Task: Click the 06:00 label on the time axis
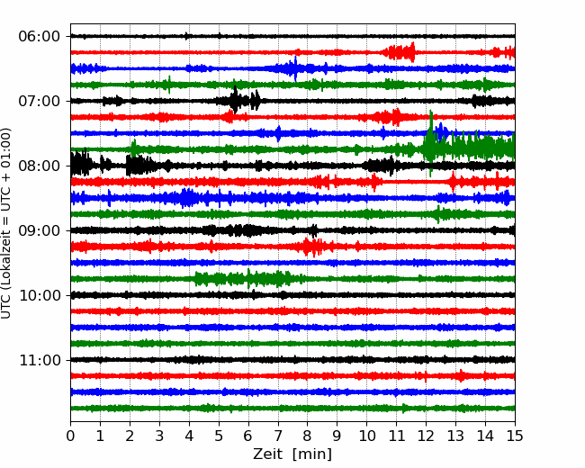click(40, 37)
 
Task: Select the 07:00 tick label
click(40, 101)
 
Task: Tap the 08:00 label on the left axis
click(40, 166)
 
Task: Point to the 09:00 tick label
click(40, 230)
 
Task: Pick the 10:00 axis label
click(40, 295)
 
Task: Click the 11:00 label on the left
click(40, 360)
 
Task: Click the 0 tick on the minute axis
click(70, 436)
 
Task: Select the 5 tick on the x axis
click(219, 436)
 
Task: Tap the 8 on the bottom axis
click(308, 436)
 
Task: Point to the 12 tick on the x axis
click(426, 436)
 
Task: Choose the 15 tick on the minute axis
click(515, 436)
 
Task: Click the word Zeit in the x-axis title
click(268, 454)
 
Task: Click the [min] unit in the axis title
click(312, 454)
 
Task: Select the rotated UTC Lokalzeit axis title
click(6, 223)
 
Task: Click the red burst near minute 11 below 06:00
click(400, 52)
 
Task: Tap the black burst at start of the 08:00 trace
click(81, 164)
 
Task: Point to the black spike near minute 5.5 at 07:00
click(235, 99)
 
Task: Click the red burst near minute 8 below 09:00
click(312, 247)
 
